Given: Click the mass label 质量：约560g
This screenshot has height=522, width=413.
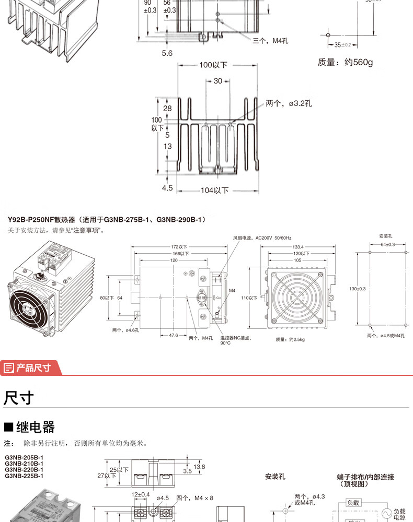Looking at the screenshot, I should tap(345, 62).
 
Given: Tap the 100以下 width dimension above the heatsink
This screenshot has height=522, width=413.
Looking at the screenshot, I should tap(213, 65).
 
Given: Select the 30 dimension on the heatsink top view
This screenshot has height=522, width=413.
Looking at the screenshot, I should tap(217, 81).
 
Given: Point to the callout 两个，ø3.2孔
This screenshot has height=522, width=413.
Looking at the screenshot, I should tap(289, 104).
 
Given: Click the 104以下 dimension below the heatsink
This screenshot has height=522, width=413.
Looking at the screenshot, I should tap(214, 191).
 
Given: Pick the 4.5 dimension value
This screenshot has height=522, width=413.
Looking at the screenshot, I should tap(167, 188).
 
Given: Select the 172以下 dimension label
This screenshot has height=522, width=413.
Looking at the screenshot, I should tap(179, 247).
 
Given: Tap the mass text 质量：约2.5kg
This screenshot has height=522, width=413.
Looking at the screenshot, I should tap(289, 339).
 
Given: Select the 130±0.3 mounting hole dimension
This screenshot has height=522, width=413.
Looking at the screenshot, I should tap(358, 288).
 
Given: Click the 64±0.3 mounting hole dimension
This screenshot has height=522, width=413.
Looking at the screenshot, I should tap(387, 244).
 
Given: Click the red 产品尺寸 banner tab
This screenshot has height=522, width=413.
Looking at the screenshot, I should tap(31, 367).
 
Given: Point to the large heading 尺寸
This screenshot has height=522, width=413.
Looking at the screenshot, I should tap(19, 398).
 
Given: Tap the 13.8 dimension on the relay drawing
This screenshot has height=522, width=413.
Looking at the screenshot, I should tap(199, 466).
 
